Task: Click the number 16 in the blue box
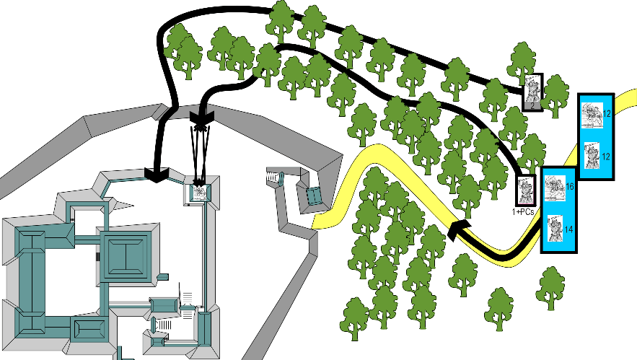click(x=568, y=187)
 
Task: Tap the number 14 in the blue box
click(x=568, y=229)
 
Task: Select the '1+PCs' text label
click(x=523, y=211)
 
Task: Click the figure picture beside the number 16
click(x=554, y=190)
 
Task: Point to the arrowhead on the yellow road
click(x=456, y=230)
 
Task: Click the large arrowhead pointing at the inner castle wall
click(x=156, y=173)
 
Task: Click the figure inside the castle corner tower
click(x=200, y=193)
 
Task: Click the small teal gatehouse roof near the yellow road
click(x=313, y=194)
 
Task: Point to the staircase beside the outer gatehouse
click(x=273, y=176)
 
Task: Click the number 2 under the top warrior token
click(x=532, y=106)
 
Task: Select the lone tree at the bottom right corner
click(x=550, y=287)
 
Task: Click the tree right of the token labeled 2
click(x=555, y=95)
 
